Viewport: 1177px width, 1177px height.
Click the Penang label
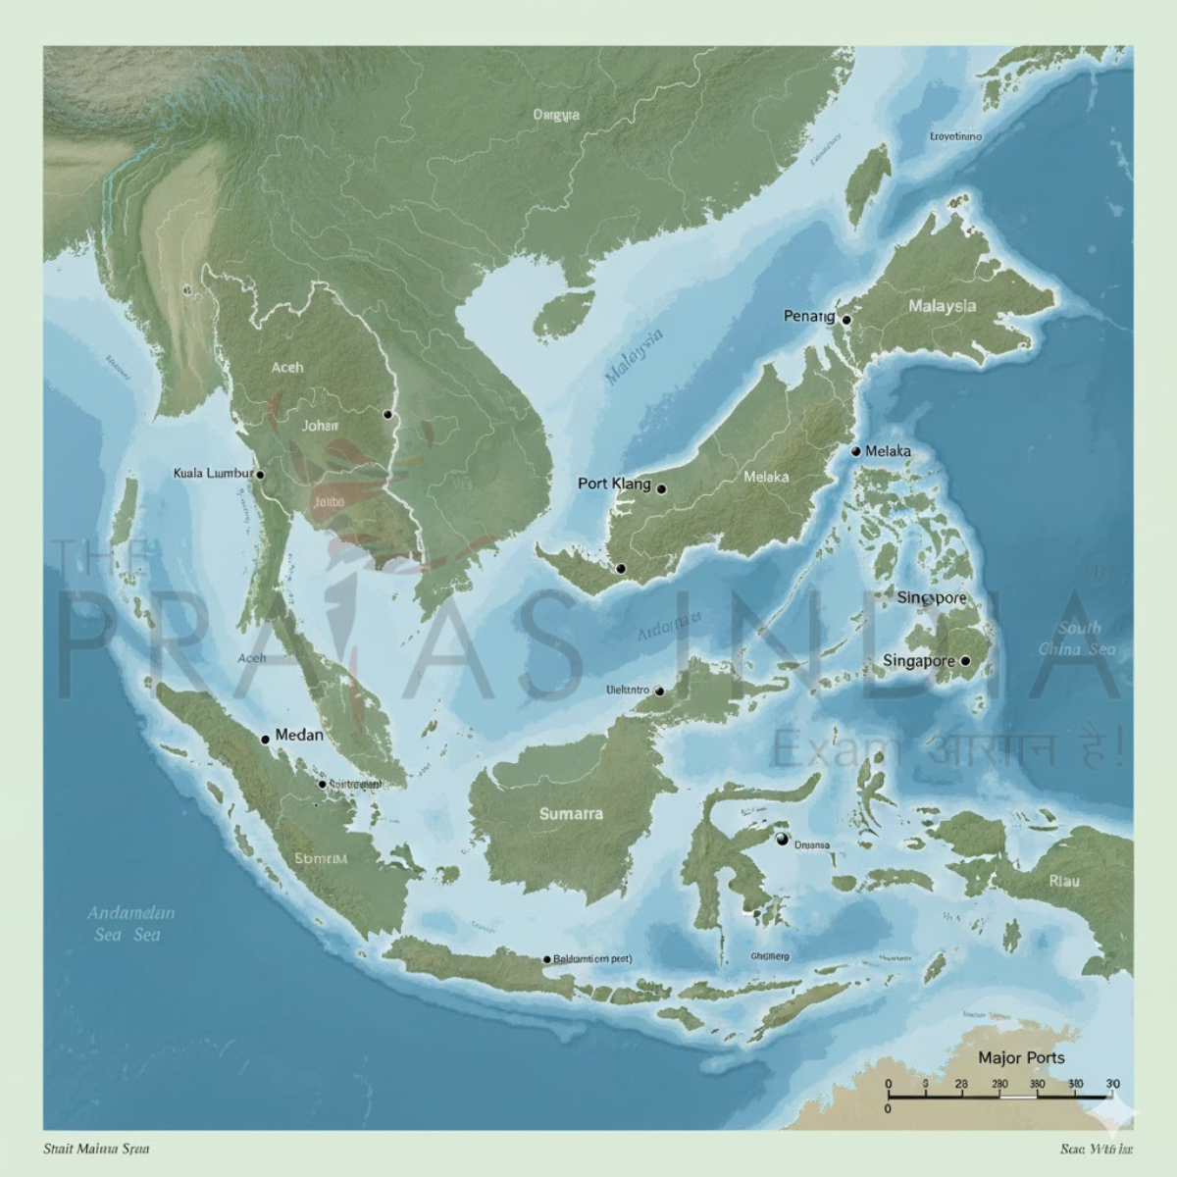[808, 316]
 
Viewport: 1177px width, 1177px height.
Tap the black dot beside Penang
[846, 320]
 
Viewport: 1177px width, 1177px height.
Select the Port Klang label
[614, 484]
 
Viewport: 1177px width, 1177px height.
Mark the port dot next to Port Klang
[661, 488]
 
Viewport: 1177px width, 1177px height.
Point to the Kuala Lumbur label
[213, 473]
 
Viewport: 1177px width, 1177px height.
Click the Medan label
[299, 735]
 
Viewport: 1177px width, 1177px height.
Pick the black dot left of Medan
[265, 739]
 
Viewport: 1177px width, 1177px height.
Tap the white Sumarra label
[571, 814]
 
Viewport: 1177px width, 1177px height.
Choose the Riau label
[1064, 881]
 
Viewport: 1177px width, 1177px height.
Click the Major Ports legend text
[1021, 1057]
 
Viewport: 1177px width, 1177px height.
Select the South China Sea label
[1078, 639]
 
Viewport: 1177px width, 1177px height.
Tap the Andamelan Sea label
[130, 923]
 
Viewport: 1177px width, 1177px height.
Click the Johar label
[320, 426]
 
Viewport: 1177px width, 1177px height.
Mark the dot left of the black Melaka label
[855, 451]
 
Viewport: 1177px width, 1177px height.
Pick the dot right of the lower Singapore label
[964, 661]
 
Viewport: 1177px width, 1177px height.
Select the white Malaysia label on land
[942, 306]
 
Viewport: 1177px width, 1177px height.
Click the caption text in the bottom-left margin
[96, 1148]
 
